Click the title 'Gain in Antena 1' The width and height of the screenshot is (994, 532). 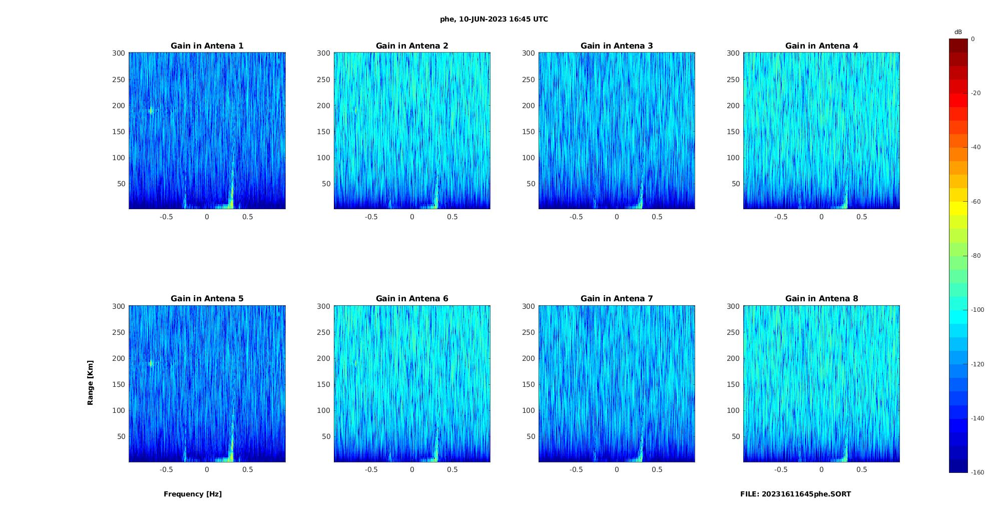click(x=207, y=46)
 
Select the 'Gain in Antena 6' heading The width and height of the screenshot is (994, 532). click(x=412, y=299)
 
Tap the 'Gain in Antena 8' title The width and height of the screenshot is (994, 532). click(x=821, y=299)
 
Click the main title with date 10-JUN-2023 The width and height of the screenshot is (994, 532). click(x=494, y=20)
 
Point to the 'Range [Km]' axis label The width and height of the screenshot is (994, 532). click(x=91, y=382)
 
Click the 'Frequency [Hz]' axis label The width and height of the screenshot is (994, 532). click(x=193, y=494)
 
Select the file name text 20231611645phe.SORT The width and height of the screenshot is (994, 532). click(x=796, y=494)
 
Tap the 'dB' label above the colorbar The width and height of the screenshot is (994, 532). click(x=958, y=32)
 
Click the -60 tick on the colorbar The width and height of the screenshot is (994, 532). click(x=976, y=202)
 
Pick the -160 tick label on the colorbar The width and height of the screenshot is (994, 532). click(x=977, y=472)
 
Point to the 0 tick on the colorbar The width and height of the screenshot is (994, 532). click(x=973, y=39)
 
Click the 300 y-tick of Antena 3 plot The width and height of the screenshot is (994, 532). click(x=529, y=53)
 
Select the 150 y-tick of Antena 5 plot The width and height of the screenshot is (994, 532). click(x=119, y=384)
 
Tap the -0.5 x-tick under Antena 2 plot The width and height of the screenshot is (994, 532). click(x=371, y=217)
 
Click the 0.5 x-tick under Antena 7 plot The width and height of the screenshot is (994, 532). click(x=657, y=470)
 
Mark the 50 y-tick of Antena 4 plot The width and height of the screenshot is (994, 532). click(x=736, y=184)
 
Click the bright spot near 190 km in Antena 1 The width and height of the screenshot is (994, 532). click(x=150, y=111)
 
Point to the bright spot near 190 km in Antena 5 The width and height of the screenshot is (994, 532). click(x=150, y=363)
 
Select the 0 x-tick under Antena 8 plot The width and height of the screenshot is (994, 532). click(x=821, y=470)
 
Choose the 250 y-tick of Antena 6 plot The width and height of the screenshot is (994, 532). click(x=324, y=332)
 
